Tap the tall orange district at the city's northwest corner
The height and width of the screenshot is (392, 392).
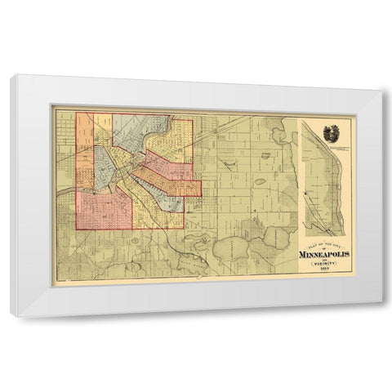(84, 147)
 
